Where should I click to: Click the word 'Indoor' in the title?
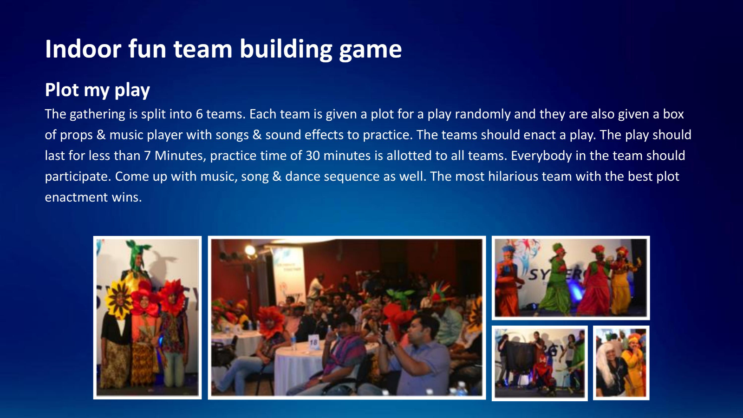pyautogui.click(x=83, y=49)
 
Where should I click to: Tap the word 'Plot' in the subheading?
pyautogui.click(x=62, y=90)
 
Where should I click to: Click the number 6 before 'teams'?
pyautogui.click(x=199, y=114)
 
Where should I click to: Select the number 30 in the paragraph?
pyautogui.click(x=313, y=156)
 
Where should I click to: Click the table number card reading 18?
pyautogui.click(x=313, y=342)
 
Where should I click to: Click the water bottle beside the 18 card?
pyautogui.click(x=293, y=342)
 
